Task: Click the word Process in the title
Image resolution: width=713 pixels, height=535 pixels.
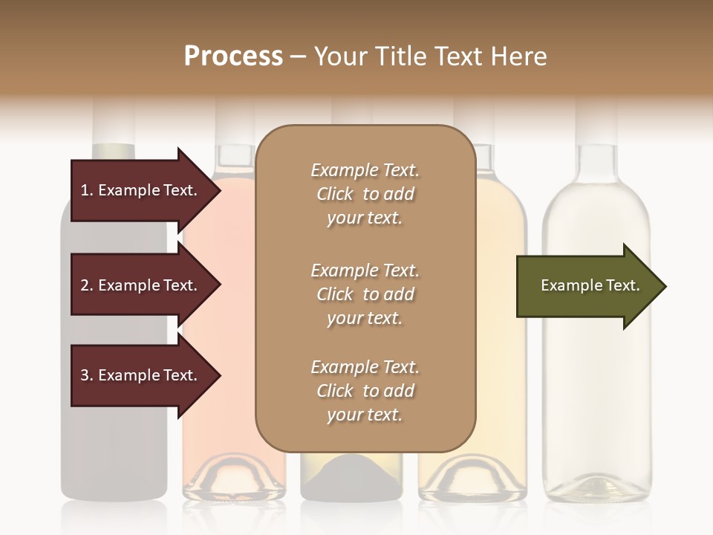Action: pyautogui.click(x=233, y=56)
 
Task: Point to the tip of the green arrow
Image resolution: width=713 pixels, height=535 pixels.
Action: pyautogui.click(x=664, y=286)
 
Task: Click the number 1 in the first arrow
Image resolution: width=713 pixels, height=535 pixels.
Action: pyautogui.click(x=85, y=190)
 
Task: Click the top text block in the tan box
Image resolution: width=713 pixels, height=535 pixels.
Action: pyautogui.click(x=365, y=194)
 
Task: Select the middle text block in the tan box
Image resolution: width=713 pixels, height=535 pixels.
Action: pyautogui.click(x=365, y=294)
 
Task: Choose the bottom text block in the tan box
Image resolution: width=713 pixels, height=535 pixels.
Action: pyautogui.click(x=365, y=391)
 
